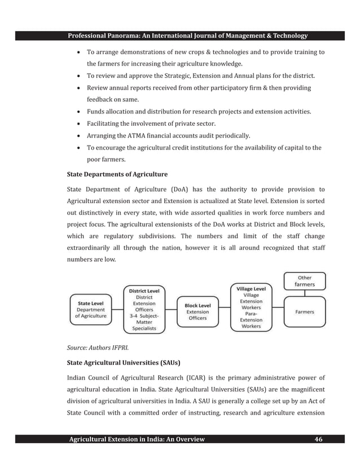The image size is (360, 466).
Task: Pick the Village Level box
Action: pyautogui.click(x=251, y=307)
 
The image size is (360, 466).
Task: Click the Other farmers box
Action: pyautogui.click(x=305, y=281)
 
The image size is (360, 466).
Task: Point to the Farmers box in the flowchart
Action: pyautogui.click(x=305, y=311)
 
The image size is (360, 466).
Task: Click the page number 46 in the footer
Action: pyautogui.click(x=318, y=439)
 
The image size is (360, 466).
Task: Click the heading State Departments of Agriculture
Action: pyautogui.click(x=117, y=174)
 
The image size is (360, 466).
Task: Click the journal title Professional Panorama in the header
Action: pyautogui.click(x=187, y=36)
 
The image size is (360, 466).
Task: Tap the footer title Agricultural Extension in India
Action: pyautogui.click(x=137, y=439)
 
